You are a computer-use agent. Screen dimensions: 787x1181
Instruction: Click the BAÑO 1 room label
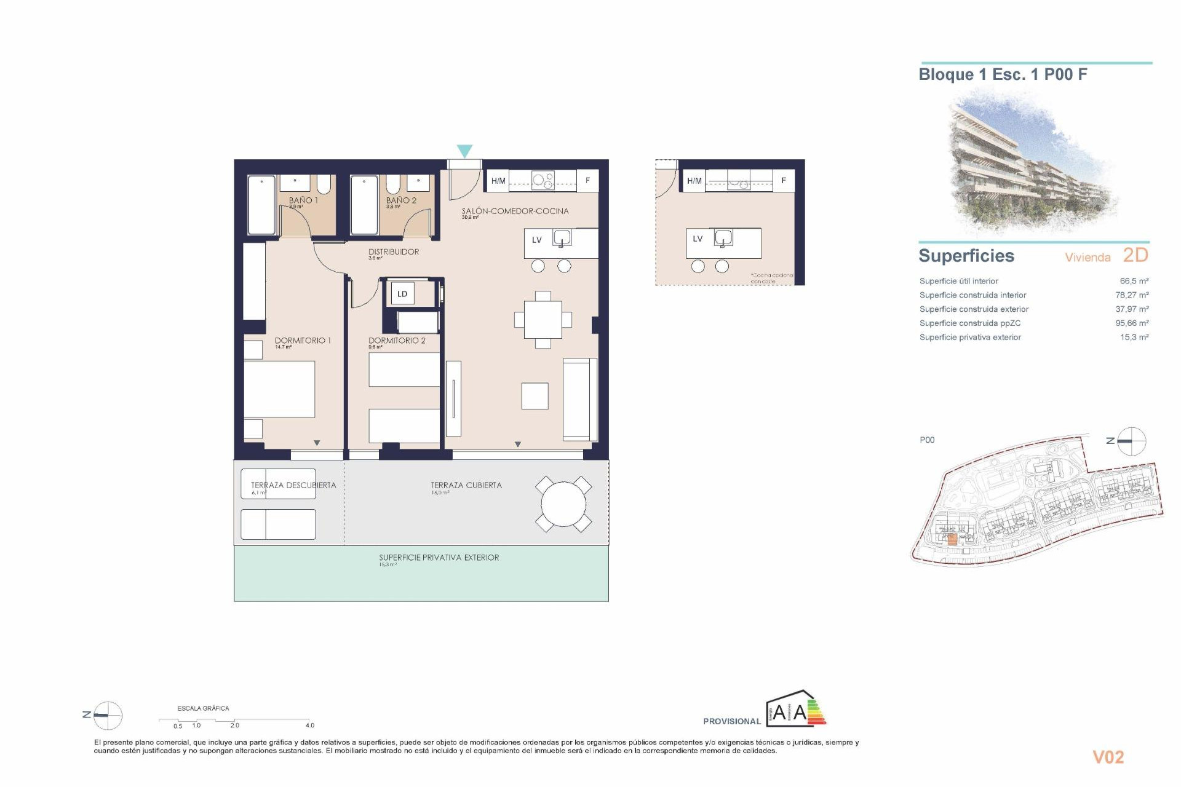click(x=303, y=200)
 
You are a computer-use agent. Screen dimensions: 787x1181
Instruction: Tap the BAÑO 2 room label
click(x=401, y=200)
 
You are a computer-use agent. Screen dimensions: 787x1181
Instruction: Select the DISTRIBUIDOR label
click(x=394, y=251)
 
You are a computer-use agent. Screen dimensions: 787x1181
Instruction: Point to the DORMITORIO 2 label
click(x=397, y=341)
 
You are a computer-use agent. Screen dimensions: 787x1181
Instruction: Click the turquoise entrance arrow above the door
click(x=464, y=151)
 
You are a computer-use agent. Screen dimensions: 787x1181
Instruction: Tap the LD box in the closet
click(x=402, y=294)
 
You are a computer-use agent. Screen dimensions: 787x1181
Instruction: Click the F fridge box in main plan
click(x=587, y=181)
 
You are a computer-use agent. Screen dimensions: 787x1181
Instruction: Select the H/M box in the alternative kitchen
click(x=694, y=181)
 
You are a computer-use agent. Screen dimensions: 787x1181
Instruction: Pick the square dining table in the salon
click(x=543, y=320)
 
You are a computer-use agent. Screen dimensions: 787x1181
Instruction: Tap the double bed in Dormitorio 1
click(x=279, y=389)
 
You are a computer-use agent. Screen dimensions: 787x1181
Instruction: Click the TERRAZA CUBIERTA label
click(x=466, y=485)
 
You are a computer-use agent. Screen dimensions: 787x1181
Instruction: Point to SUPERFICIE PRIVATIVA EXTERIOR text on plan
click(x=439, y=558)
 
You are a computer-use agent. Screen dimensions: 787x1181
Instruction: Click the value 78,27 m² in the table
click(x=1132, y=295)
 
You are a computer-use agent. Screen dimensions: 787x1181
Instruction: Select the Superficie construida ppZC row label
click(x=970, y=323)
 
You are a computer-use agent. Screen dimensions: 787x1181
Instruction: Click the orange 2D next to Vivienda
click(x=1135, y=255)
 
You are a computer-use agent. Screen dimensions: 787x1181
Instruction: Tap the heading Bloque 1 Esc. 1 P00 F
click(x=1003, y=74)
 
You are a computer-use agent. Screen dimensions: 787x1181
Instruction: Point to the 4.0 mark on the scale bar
click(x=309, y=725)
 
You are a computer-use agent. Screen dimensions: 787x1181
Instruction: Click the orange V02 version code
click(x=1108, y=757)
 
